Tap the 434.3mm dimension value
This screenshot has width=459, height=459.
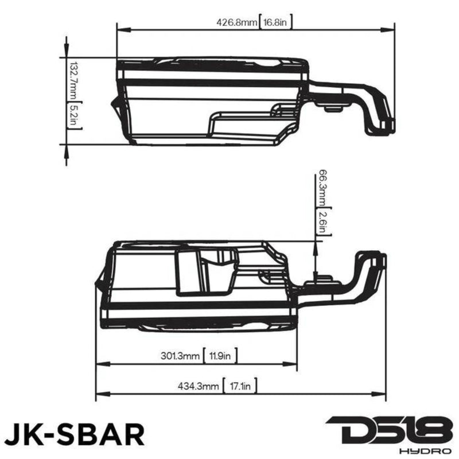(x=199, y=387)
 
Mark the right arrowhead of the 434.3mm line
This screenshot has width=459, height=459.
(x=383, y=393)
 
